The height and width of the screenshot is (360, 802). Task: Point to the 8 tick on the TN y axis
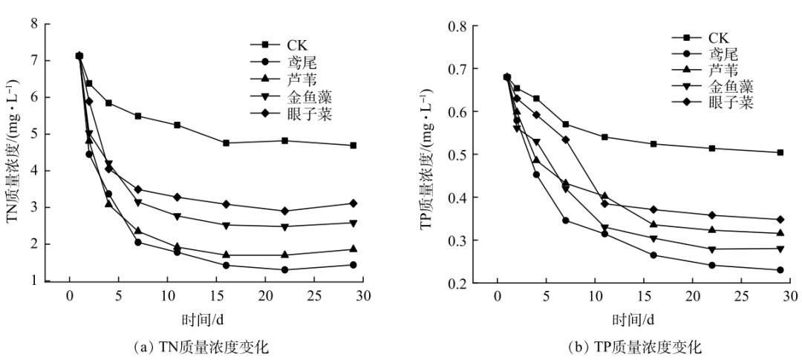(x=34, y=24)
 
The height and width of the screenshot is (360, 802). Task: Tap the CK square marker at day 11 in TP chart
(x=604, y=137)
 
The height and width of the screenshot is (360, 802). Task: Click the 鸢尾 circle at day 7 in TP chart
(x=566, y=220)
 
